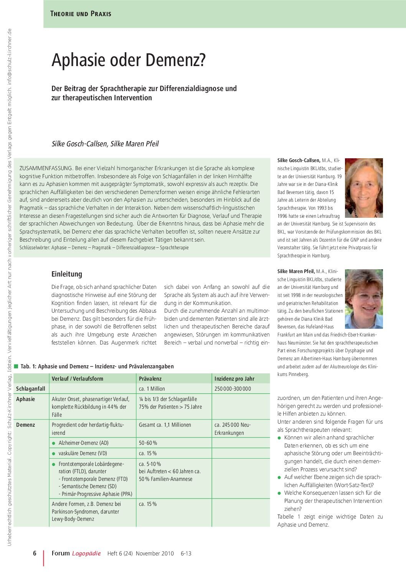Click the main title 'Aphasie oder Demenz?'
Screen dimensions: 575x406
[129, 60]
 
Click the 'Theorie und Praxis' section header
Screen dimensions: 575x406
[81, 14]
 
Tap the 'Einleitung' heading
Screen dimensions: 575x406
[67, 274]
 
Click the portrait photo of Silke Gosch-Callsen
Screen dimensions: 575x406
[364, 188]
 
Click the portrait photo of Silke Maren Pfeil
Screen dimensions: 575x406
[364, 299]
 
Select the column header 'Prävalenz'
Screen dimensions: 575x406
[150, 378]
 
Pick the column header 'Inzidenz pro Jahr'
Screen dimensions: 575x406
[234, 378]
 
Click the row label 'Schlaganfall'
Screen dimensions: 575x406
[31, 389]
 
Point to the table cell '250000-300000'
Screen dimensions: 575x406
[233, 389]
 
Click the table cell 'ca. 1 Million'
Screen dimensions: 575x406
[152, 389]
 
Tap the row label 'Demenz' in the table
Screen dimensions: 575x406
[25, 425]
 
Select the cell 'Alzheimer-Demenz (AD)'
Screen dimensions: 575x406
[83, 443]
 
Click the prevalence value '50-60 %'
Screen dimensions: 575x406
[148, 443]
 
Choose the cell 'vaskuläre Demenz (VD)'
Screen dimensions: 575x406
[83, 453]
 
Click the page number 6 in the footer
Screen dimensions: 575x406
[35, 553]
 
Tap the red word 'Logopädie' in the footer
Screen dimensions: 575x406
[86, 553]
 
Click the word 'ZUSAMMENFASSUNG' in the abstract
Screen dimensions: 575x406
[46, 168]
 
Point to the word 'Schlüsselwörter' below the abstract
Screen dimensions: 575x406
[34, 248]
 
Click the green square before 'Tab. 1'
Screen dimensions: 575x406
[16, 366]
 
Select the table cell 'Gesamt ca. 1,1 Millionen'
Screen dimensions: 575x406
[165, 425]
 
